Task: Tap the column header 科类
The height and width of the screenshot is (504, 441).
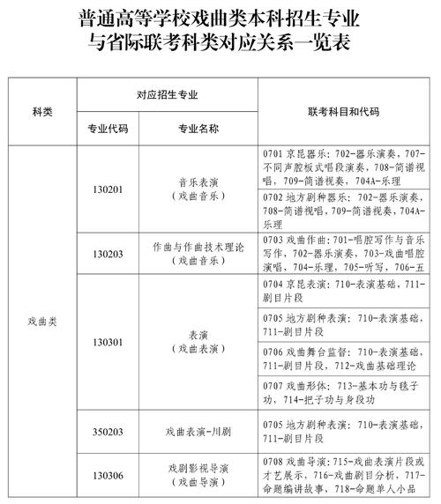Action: point(42,112)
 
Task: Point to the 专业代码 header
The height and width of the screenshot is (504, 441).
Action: point(108,129)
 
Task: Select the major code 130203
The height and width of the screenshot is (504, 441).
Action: point(108,254)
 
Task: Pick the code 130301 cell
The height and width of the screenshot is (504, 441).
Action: point(108,341)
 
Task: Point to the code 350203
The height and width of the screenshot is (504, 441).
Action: point(108,432)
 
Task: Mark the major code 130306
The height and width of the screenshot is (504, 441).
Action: point(108,476)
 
